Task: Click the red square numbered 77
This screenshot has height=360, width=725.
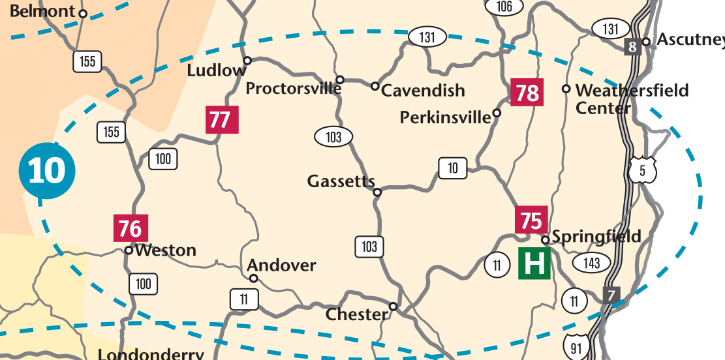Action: pos(221,120)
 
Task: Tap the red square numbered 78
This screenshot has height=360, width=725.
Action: pos(527,93)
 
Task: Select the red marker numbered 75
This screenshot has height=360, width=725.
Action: pos(531,220)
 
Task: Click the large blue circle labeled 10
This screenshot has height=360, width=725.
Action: pos(47,171)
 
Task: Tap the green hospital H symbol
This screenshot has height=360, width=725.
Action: pos(534,263)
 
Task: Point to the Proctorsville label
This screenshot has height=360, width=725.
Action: pos(293,89)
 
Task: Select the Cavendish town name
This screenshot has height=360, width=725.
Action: pos(423,91)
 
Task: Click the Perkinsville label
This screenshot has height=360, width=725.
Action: pos(444,117)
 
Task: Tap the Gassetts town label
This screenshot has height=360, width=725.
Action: pos(341,182)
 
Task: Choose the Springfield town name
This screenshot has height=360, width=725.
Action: pos(596,236)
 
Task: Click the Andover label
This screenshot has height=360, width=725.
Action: pos(281,265)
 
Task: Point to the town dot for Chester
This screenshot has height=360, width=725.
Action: pos(393,307)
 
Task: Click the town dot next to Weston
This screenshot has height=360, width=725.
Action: pos(129,250)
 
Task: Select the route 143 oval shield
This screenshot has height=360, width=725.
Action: pos(591,262)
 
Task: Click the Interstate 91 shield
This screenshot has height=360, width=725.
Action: pos(576,347)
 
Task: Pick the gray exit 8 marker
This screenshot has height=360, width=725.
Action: pos(631,46)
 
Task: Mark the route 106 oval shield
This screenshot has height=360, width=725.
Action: pos(504,7)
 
